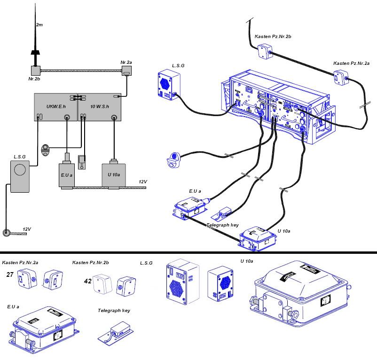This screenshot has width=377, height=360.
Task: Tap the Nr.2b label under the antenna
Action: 33,80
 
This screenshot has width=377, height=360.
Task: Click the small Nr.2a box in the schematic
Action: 126,72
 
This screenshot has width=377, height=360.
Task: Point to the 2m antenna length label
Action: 39,24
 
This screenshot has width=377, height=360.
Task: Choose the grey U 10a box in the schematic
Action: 114,175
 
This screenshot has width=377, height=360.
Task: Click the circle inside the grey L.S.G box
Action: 20,170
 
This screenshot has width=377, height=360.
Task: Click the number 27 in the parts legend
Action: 9,274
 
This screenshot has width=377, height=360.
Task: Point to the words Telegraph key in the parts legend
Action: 114,311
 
